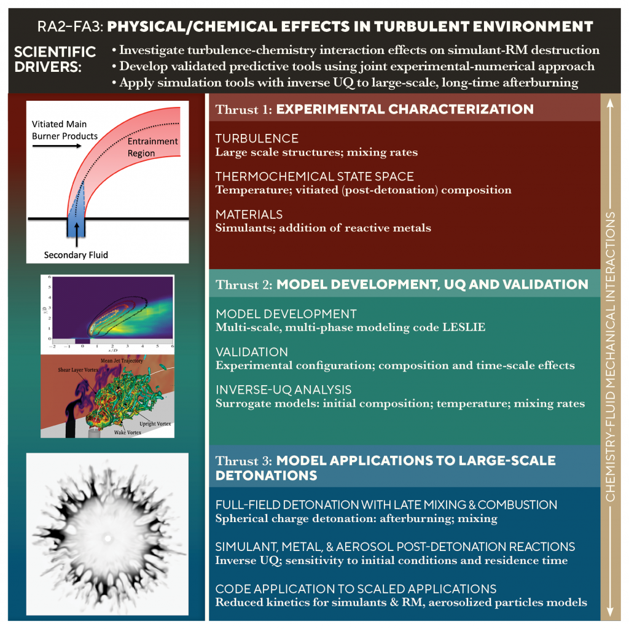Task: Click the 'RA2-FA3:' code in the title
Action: pyautogui.click(x=63, y=27)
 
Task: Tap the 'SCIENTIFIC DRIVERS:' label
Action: pyautogui.click(x=55, y=59)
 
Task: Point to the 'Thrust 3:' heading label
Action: pyautogui.click(x=243, y=461)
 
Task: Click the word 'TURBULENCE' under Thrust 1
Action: pyautogui.click(x=257, y=139)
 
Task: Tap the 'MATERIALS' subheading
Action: pyautogui.click(x=249, y=215)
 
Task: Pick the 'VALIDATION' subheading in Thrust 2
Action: pyautogui.click(x=252, y=353)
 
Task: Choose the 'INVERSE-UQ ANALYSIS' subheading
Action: pyautogui.click(x=283, y=390)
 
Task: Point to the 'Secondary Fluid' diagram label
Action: pyautogui.click(x=76, y=254)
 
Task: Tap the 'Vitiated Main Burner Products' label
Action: pyautogui.click(x=64, y=130)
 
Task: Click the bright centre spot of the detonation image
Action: pyautogui.click(x=108, y=539)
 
